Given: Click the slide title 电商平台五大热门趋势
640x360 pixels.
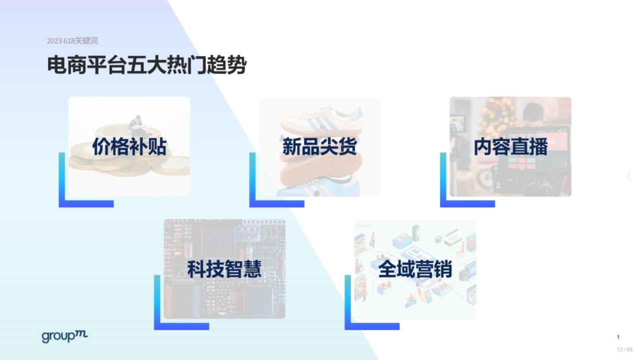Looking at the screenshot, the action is pos(146,65).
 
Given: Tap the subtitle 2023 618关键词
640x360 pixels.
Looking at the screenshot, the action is pos(72,41).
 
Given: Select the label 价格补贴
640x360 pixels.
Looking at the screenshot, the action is pos(129,146).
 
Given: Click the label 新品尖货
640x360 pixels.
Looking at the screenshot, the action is pos(319,146).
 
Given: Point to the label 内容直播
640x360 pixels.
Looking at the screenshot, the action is pos(510,146).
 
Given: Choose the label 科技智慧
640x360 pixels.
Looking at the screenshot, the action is pos(224,269).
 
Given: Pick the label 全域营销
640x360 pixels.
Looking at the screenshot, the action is pos(415,269).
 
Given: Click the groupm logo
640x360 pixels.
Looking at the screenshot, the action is pos(64,336).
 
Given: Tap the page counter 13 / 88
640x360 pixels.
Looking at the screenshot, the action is pos(624,349).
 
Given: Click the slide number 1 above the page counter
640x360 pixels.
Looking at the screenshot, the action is pos(618,337).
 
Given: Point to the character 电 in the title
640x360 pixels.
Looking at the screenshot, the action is pos(56,65).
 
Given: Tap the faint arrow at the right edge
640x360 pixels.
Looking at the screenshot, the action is pos(629,177).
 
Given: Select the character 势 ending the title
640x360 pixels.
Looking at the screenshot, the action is pos(236,65).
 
